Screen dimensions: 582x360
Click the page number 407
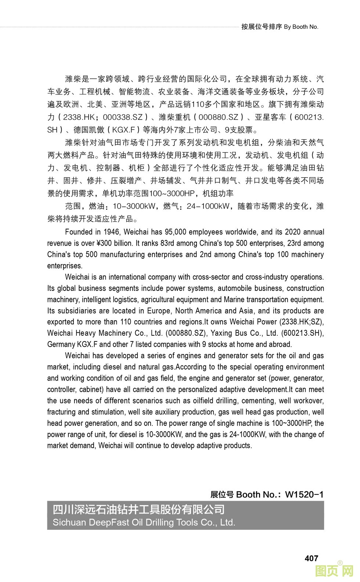coord(311,558)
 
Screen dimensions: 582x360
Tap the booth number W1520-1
coord(304,494)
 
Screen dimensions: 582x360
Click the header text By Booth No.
coord(301,27)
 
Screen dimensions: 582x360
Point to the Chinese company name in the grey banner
coord(138,510)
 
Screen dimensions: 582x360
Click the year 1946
coord(112,232)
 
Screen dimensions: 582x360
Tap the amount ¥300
coord(105,243)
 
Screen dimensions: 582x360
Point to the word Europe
coord(159,311)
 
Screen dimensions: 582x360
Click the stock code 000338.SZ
coord(122,117)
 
